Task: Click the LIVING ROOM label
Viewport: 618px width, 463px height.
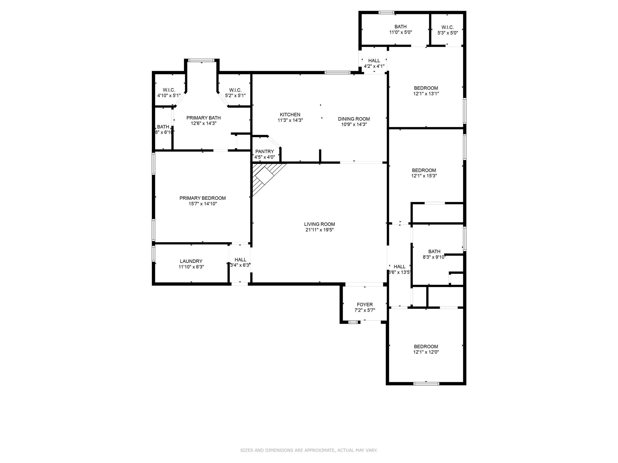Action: coord(319,224)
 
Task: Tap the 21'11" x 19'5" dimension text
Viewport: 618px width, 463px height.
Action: coord(319,230)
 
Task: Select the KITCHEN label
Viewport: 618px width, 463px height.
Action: coord(290,115)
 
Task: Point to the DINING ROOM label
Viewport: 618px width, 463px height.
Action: coord(354,119)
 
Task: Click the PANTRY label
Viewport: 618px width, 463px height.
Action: coord(264,151)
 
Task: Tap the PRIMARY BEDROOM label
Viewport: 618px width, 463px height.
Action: coord(202,198)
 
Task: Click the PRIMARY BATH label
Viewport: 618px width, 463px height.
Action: coord(203,118)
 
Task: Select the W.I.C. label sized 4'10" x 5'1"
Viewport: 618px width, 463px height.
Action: coord(169,90)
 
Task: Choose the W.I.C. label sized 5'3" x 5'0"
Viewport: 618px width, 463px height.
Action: coord(448,27)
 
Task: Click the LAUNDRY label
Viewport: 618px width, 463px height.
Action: coord(191,261)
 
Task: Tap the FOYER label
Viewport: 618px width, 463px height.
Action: coord(365,304)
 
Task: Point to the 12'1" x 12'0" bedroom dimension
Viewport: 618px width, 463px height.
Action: coord(426,352)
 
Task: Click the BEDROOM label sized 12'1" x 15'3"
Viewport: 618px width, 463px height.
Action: coord(424,170)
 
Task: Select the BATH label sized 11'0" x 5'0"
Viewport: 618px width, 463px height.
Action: coord(400,27)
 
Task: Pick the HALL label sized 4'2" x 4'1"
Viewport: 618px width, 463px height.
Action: coord(374,61)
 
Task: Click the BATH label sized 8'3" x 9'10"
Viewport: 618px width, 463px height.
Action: coord(434,251)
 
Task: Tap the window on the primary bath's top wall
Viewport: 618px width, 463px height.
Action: coord(201,60)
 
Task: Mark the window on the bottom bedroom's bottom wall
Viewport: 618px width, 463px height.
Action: coord(426,383)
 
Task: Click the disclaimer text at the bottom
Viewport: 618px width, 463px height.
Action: coord(309,450)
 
